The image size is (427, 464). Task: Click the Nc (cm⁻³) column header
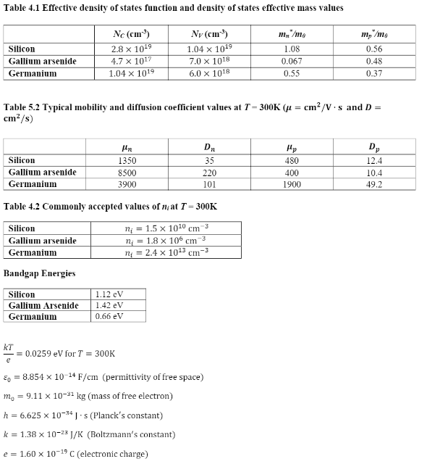127,34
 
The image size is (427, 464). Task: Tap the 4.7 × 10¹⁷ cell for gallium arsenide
127,62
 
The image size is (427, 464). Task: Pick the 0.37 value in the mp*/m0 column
373,74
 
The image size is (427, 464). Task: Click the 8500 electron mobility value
127,173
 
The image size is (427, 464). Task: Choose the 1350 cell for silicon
127,160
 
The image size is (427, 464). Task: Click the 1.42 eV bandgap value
109,306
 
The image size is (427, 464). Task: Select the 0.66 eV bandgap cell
109,317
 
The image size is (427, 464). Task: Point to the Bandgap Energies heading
39,273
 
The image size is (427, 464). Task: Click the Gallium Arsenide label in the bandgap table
43,306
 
